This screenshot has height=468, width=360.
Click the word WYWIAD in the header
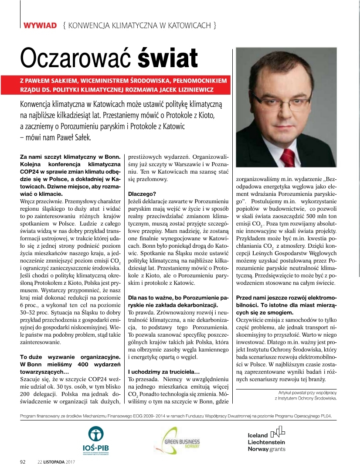tap(40, 25)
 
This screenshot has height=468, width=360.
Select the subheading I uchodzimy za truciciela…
tap(163, 372)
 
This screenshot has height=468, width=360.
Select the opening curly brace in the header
tap(65, 25)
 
